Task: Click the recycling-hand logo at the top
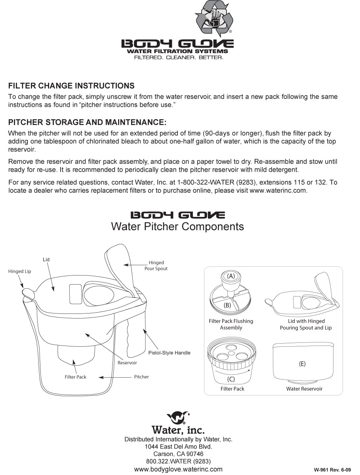(215, 18)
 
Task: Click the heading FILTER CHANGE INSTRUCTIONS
(71, 86)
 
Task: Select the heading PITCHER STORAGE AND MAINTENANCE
(87, 122)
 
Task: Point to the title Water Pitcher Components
(177, 226)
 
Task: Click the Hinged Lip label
(19, 272)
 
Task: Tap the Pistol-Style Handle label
(169, 353)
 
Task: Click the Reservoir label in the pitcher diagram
(127, 363)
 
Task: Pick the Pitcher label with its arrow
(141, 377)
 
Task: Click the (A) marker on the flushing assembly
(231, 276)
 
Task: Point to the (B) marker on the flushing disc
(227, 305)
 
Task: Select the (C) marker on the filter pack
(231, 379)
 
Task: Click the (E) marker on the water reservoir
(302, 364)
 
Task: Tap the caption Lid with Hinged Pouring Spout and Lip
(306, 325)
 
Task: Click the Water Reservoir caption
(304, 389)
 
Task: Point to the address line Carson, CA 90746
(178, 454)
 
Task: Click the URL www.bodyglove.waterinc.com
(178, 469)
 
